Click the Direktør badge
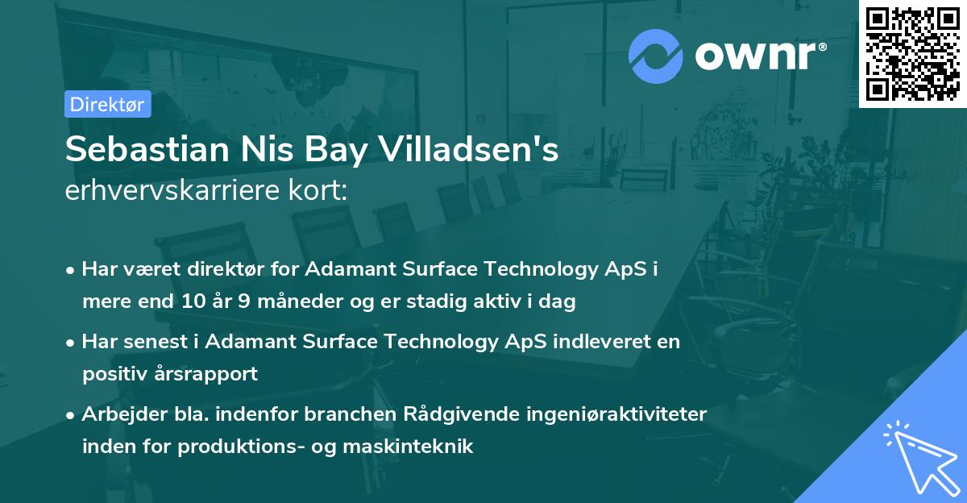tap(107, 104)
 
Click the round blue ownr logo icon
tap(656, 56)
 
